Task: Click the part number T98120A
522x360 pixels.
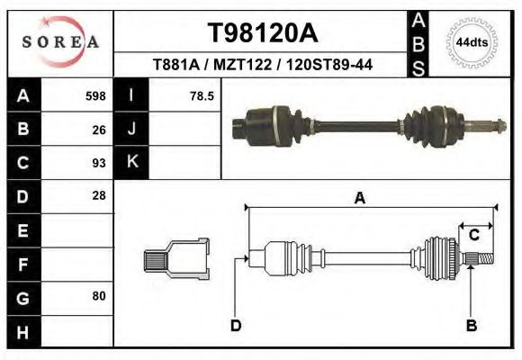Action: coord(263,33)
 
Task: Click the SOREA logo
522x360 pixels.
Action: coord(60,42)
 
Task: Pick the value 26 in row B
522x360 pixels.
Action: coord(99,130)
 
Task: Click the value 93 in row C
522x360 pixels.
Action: coord(99,163)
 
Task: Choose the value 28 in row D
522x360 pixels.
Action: coord(99,195)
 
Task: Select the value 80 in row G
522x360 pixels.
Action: coord(99,295)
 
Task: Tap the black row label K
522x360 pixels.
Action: coord(131,163)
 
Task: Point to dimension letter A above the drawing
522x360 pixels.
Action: coord(360,199)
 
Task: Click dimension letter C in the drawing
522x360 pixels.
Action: coord(473,236)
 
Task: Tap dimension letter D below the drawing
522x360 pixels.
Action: coord(236,325)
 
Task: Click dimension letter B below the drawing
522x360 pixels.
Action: coord(471,325)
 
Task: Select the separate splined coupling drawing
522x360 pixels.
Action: coord(176,260)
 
